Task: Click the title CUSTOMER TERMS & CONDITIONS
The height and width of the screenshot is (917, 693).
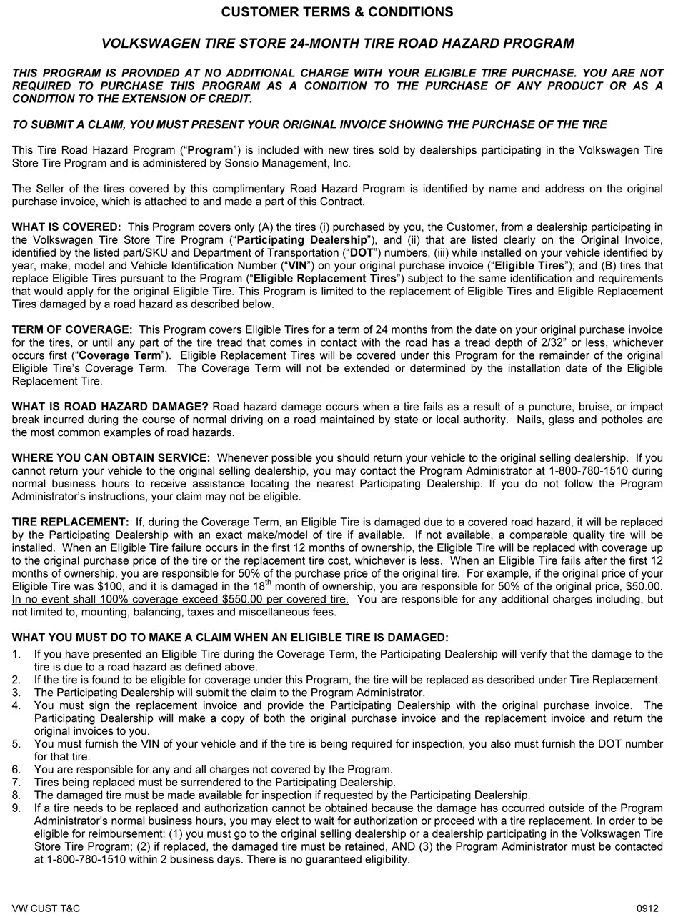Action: point(336,12)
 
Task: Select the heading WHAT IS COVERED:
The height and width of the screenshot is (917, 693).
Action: point(66,227)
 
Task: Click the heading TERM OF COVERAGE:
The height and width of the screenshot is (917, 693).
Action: point(72,330)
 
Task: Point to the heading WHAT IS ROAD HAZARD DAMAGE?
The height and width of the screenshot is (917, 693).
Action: point(110,407)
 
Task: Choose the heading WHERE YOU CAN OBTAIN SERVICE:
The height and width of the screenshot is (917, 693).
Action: point(111,458)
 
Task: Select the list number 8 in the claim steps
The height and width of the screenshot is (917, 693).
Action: point(16,795)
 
